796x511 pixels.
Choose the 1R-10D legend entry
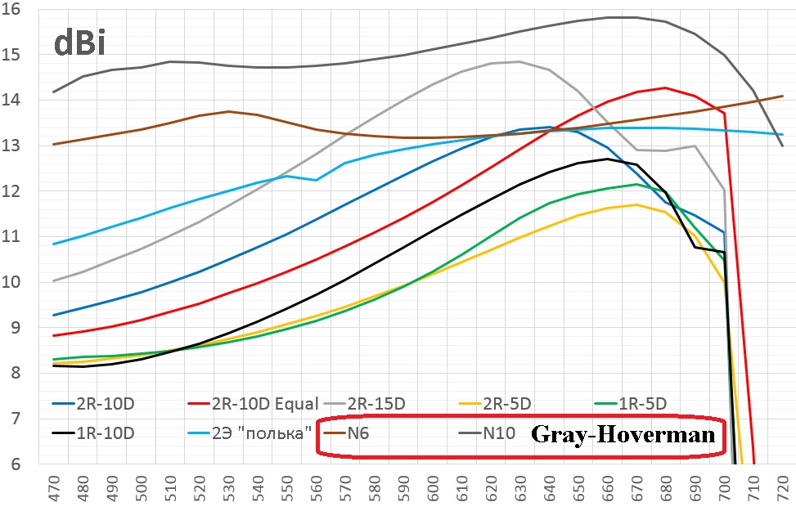tap(108, 433)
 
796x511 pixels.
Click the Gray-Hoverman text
tap(625, 433)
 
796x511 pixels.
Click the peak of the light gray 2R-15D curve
tap(519, 61)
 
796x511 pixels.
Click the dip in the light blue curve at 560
tap(316, 180)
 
